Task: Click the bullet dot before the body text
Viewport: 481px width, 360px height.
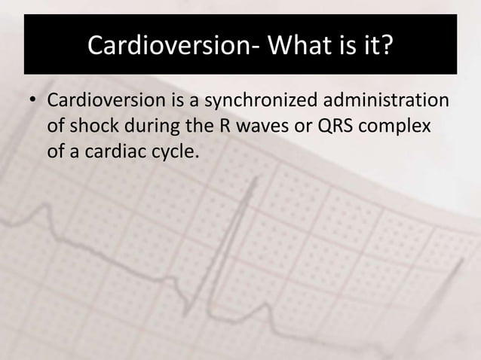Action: coord(33,101)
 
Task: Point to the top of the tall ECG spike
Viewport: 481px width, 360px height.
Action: coord(255,178)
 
